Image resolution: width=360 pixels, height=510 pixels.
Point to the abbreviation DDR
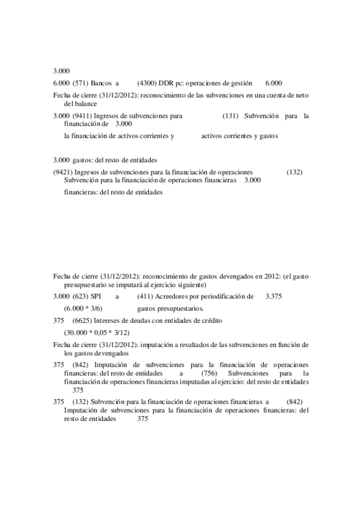(x=166, y=83)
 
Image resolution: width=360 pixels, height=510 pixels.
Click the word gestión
(x=240, y=83)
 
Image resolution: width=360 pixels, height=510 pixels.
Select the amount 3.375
(x=273, y=297)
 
